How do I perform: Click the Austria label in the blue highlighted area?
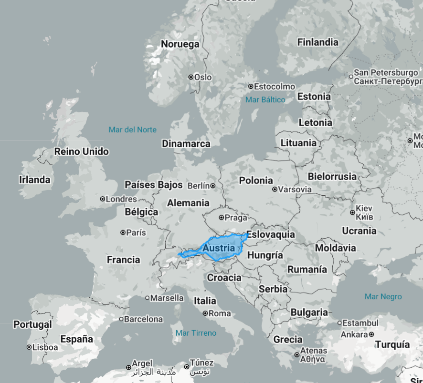tap(219, 248)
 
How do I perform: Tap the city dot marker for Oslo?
tap(191, 77)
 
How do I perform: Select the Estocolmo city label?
tap(275, 87)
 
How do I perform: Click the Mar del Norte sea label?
tap(132, 130)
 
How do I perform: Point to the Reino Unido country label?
tap(81, 151)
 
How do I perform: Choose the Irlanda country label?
tap(34, 180)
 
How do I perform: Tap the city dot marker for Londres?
tap(103, 199)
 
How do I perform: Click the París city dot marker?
tap(123, 232)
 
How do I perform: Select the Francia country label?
tap(123, 260)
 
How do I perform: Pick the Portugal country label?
tap(32, 324)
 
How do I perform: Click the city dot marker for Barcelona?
tap(121, 319)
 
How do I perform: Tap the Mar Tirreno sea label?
tap(196, 333)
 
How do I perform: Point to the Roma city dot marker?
tap(205, 313)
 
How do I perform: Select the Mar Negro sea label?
tap(383, 296)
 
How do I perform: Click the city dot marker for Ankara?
tap(371, 334)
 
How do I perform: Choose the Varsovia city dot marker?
tap(275, 189)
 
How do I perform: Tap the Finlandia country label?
tap(317, 42)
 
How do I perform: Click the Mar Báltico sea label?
tap(265, 100)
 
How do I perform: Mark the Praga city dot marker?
tap(222, 218)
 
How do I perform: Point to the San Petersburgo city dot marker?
tap(351, 76)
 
